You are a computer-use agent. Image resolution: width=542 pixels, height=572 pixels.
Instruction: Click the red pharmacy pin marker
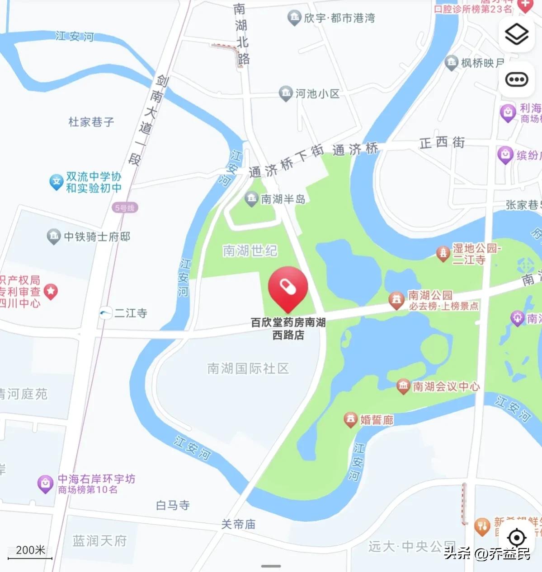[x=288, y=288]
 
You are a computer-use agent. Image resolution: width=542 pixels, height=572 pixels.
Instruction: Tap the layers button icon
[x=516, y=34]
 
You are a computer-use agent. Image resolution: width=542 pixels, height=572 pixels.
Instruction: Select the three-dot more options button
[x=516, y=80]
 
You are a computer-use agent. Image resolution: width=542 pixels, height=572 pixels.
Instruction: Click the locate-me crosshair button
[x=516, y=538]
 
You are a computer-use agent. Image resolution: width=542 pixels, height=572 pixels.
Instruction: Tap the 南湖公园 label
[x=430, y=295]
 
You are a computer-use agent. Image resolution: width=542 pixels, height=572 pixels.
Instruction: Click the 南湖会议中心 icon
[x=403, y=386]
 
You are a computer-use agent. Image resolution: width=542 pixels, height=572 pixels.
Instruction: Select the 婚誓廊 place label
[x=377, y=420]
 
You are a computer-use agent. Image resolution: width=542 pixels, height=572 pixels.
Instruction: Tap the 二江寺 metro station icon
[x=106, y=313]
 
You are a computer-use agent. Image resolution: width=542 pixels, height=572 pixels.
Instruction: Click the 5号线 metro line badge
[x=125, y=208]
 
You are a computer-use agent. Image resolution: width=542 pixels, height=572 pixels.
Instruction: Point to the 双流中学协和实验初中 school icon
[x=56, y=182]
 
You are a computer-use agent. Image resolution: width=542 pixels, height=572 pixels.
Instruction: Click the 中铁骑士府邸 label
[x=97, y=237]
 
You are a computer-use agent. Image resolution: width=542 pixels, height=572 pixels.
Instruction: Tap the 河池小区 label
[x=317, y=94]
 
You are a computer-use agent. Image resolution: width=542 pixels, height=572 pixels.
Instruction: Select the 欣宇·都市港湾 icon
[x=294, y=18]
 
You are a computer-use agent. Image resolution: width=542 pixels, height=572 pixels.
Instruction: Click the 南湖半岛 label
[x=283, y=199]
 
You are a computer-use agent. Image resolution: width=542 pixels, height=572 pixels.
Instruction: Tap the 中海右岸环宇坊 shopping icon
[x=45, y=484]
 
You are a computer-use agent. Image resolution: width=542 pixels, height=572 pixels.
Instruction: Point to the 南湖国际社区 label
[x=248, y=369]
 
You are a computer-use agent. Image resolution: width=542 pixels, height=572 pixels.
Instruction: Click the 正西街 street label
[x=442, y=143]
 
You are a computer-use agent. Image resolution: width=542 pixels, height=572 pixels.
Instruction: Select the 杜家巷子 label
[x=91, y=122]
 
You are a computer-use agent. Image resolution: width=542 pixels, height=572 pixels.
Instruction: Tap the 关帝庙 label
[x=238, y=524]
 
